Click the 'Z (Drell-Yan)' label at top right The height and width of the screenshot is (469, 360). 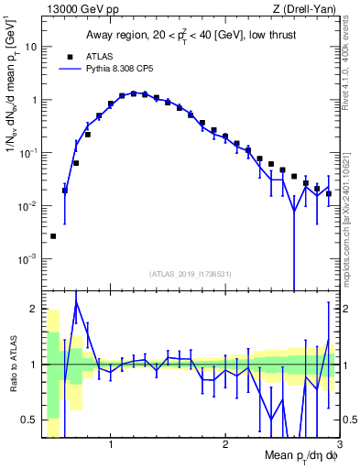[308, 9]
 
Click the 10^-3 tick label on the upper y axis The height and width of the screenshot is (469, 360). [27, 259]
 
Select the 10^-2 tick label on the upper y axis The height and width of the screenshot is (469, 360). [27, 206]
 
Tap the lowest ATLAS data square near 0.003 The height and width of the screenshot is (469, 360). [53, 236]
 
